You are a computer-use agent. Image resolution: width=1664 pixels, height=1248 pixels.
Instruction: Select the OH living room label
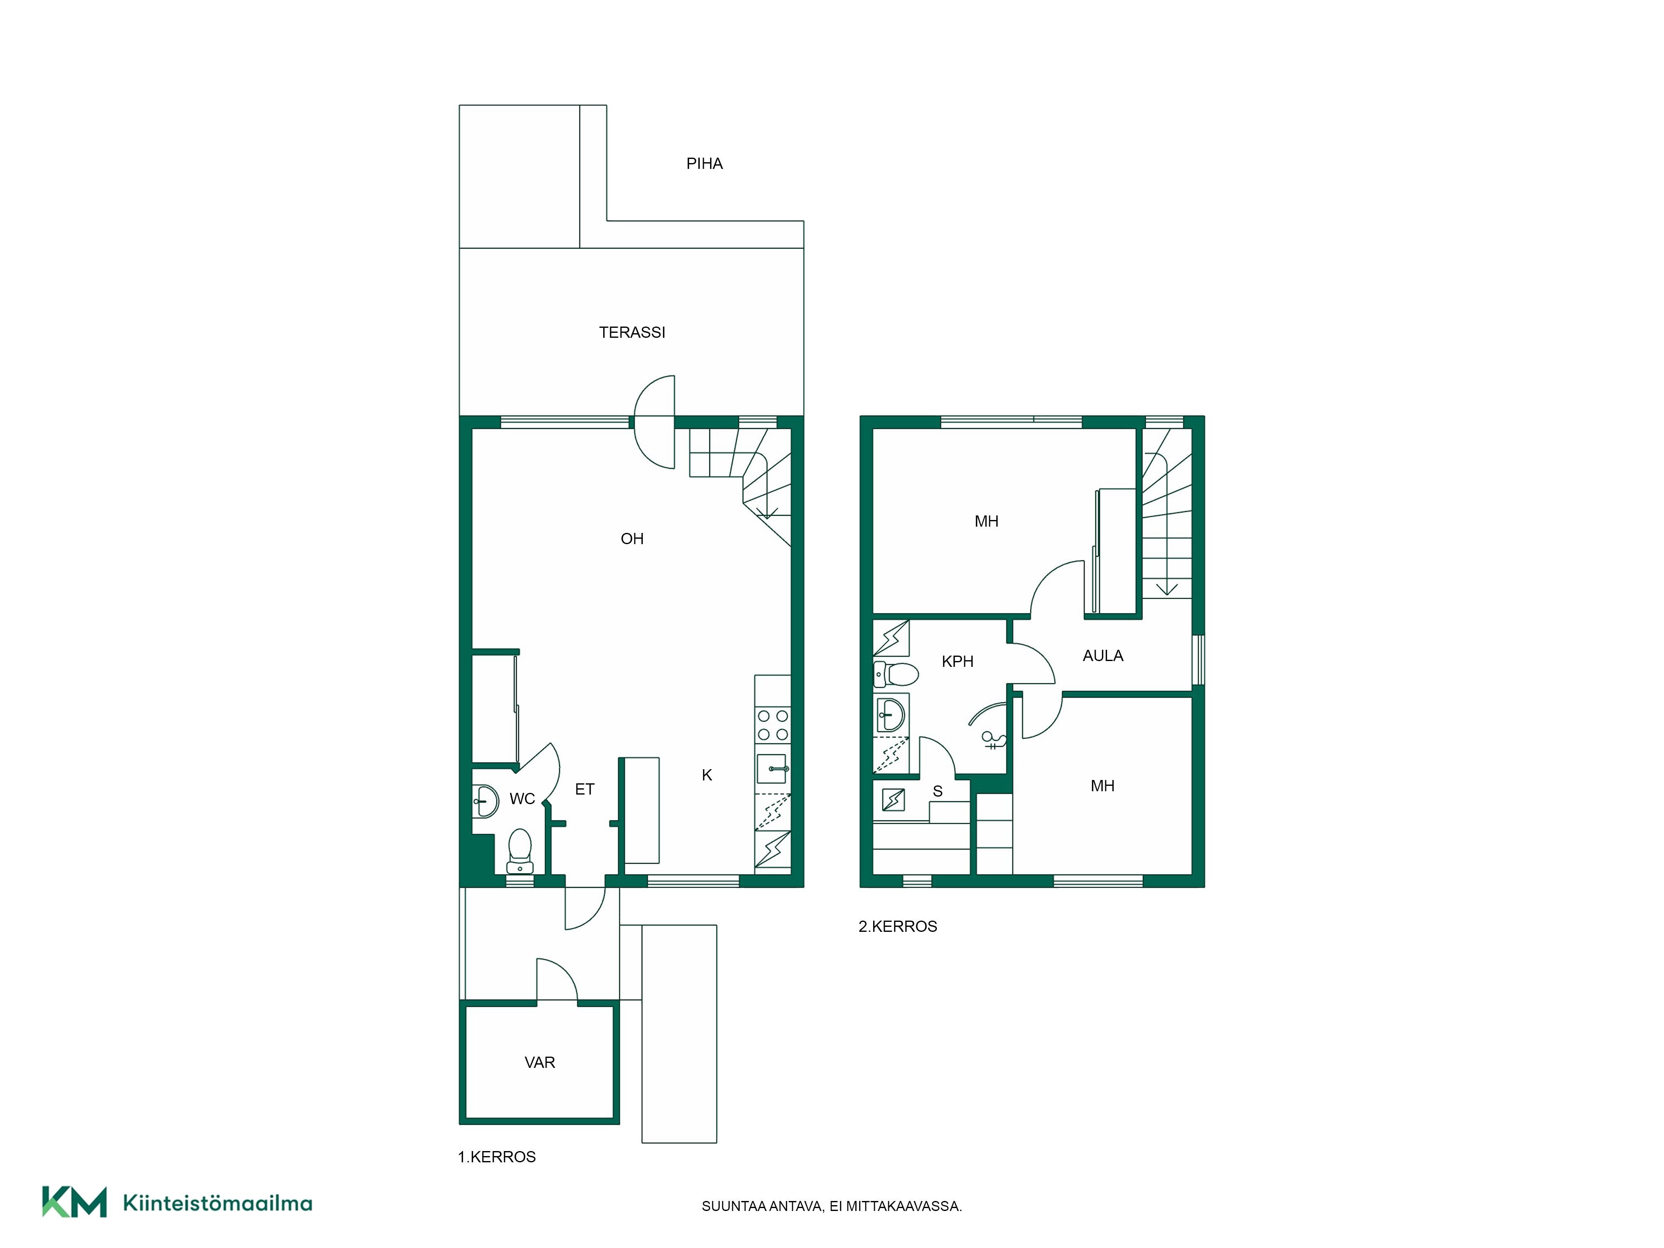[x=632, y=539]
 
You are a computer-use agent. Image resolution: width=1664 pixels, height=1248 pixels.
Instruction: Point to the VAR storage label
[x=540, y=1062]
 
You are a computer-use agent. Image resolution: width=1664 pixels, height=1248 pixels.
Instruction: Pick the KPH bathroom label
[x=958, y=661]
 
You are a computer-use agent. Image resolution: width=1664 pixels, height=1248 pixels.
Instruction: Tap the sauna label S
[x=937, y=791]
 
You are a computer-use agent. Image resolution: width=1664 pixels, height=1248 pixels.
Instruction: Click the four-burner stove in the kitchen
[x=773, y=725]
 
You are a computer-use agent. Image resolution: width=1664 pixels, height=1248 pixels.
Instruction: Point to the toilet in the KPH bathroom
[x=895, y=674]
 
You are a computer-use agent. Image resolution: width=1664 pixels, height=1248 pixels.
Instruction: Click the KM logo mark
[x=74, y=1201]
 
